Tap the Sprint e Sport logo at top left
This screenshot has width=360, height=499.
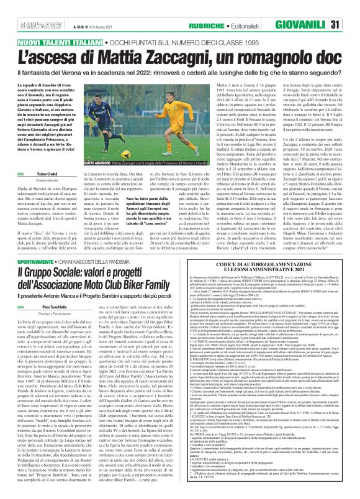(x=19, y=8)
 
